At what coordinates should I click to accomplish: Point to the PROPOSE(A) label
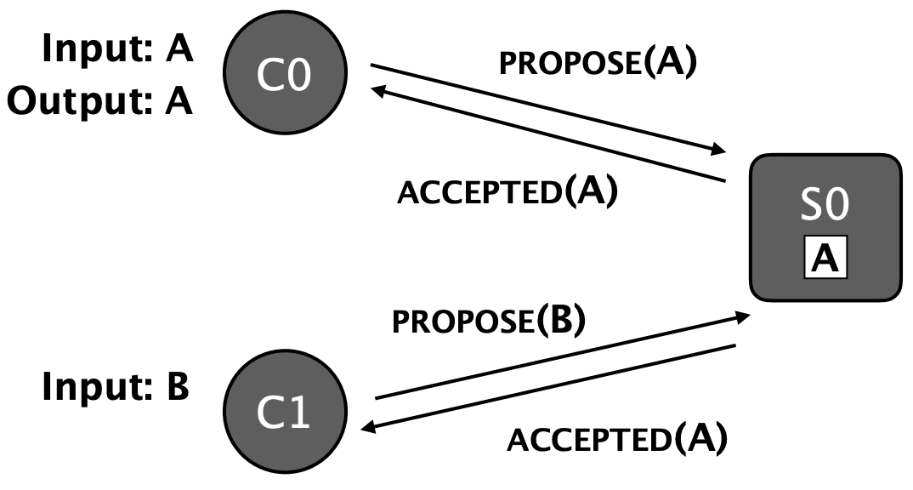click(598, 64)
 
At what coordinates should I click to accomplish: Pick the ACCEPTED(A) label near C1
click(617, 439)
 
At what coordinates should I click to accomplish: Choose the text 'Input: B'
click(116, 387)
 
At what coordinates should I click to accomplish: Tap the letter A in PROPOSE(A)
click(672, 64)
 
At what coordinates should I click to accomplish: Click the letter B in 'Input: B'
click(178, 387)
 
